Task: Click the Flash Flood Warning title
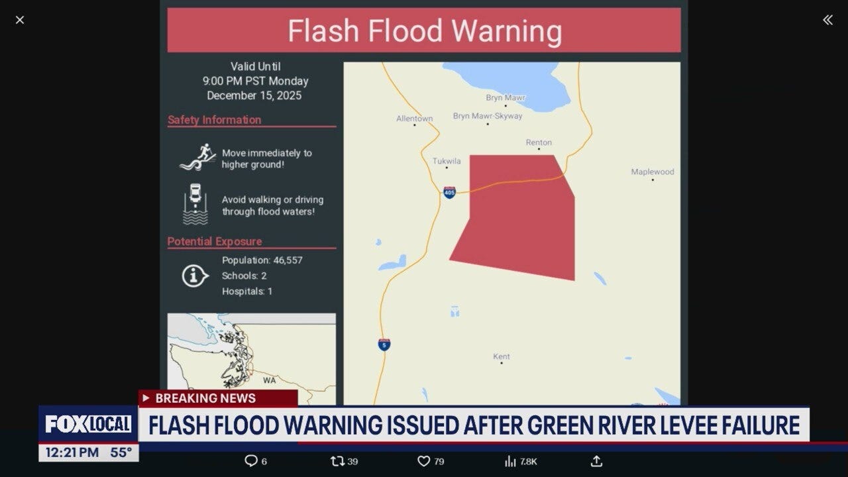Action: tap(424, 31)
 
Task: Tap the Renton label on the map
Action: tap(539, 142)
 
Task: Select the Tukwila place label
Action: tap(446, 161)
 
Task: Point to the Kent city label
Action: tap(502, 356)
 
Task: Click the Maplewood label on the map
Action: tap(653, 172)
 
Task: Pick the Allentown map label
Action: tap(414, 119)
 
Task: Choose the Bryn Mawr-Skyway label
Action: tap(488, 116)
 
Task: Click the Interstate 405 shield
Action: tap(449, 192)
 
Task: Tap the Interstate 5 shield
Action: tap(384, 344)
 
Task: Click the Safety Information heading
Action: tap(214, 120)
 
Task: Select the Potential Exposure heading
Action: tap(215, 242)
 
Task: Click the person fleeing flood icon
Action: tap(197, 158)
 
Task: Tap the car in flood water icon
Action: tap(195, 204)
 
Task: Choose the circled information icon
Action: tap(195, 276)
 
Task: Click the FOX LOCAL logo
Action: tap(88, 424)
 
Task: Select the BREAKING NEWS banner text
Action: tap(205, 398)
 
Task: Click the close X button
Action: tap(20, 20)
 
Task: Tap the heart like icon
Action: tap(423, 461)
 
